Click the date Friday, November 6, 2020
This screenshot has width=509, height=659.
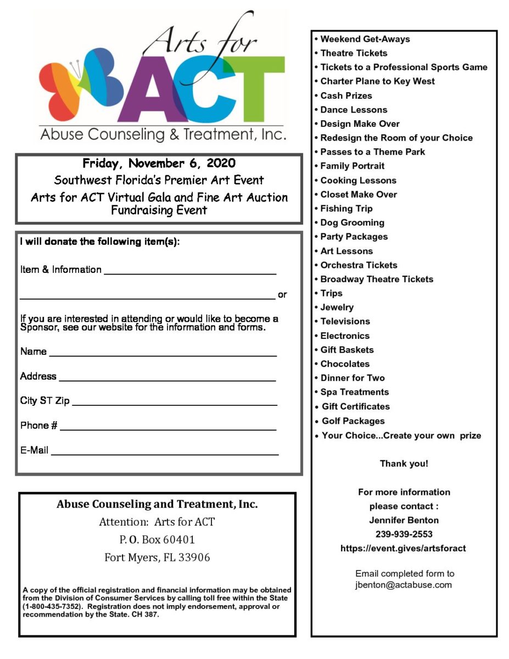point(159,164)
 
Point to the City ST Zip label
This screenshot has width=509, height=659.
point(45,401)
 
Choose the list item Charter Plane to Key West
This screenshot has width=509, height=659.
point(377,81)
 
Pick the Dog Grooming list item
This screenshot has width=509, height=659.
point(352,222)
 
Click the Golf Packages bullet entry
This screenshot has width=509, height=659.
point(353,421)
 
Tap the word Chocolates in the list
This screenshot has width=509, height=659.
point(345,364)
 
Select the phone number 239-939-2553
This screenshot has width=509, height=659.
point(404,534)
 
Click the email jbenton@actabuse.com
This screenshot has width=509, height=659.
point(404,585)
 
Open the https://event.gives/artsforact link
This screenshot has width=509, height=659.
point(404,548)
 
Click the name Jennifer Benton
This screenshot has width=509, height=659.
point(404,520)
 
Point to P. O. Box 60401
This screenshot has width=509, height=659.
point(157,540)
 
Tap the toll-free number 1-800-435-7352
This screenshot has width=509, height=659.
point(52,607)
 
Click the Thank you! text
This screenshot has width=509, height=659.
point(404,464)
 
